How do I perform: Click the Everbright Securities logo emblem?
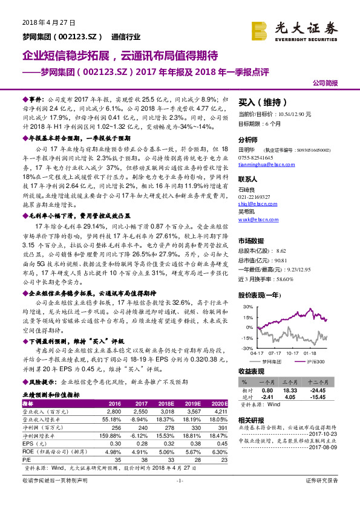(x=261, y=28)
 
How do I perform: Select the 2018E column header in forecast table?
(x=166, y=403)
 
